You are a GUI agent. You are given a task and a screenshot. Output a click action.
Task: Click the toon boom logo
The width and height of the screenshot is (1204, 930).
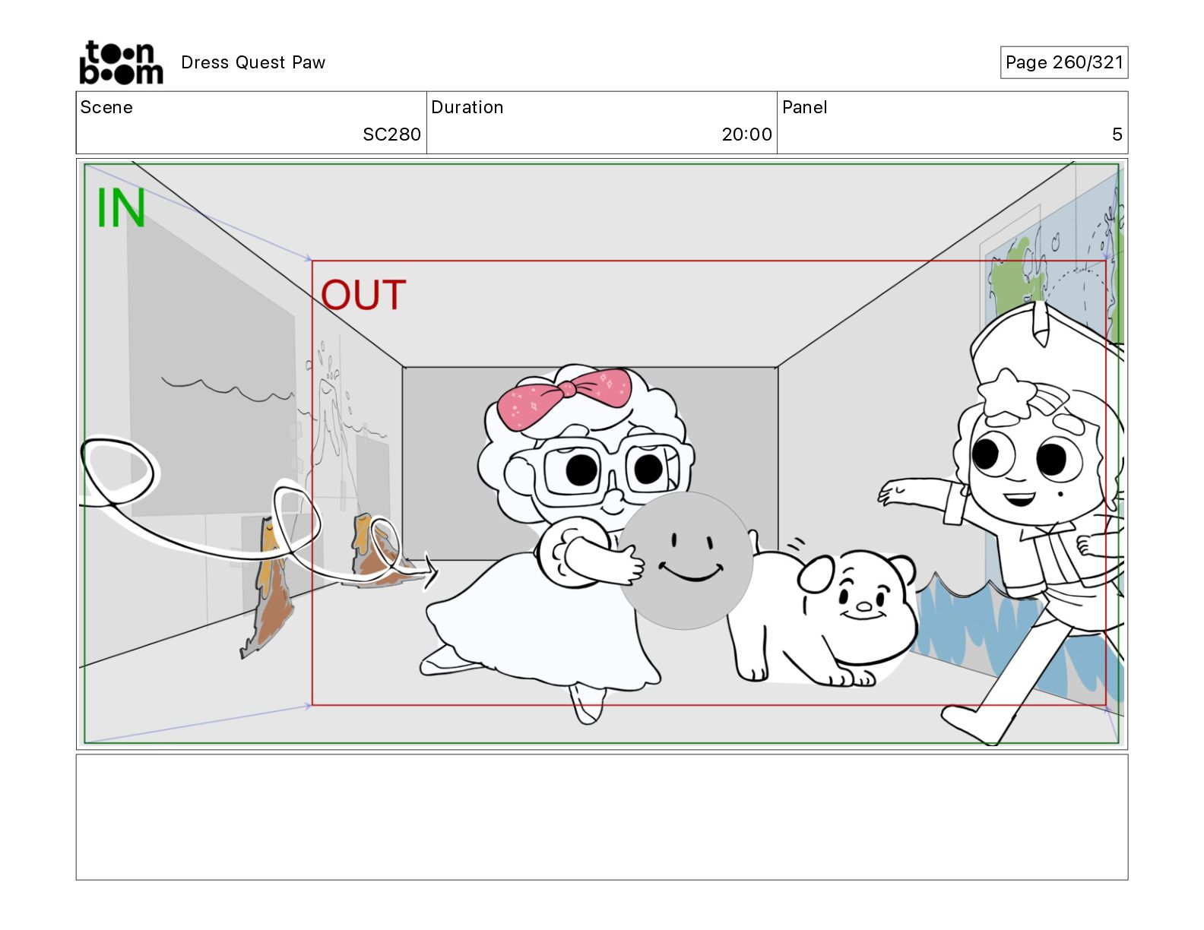click(x=122, y=62)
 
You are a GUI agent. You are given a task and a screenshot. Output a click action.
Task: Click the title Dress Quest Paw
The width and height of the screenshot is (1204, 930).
click(x=253, y=62)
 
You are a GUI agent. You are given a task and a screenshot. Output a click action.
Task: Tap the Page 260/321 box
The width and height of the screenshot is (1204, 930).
click(x=1064, y=62)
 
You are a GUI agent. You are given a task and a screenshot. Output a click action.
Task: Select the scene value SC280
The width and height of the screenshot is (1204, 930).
click(x=391, y=134)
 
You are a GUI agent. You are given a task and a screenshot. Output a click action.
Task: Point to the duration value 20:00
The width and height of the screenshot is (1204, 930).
click(x=746, y=134)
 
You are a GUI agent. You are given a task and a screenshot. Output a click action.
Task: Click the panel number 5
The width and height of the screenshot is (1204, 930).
click(x=1117, y=134)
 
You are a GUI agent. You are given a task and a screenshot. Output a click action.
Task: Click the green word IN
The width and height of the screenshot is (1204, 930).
click(x=121, y=207)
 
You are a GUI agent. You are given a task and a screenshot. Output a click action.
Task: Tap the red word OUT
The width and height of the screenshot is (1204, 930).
click(x=363, y=295)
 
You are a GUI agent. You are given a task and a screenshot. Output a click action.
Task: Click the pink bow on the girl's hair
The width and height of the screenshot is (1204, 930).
click(x=564, y=396)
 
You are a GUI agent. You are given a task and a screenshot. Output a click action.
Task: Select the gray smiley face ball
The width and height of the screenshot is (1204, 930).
click(x=686, y=561)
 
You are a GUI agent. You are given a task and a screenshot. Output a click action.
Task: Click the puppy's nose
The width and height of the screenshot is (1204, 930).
click(x=863, y=607)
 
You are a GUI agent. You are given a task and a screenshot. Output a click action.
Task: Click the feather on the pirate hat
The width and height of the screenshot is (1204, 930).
click(x=1041, y=324)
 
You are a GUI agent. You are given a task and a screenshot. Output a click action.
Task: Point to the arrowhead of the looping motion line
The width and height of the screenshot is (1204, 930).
click(x=430, y=571)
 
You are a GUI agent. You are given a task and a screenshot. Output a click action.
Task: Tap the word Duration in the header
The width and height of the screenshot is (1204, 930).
click(x=467, y=107)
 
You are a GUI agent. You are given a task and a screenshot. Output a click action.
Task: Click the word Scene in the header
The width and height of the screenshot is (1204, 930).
click(x=106, y=107)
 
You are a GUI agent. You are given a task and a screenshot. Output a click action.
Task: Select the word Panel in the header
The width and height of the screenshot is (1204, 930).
click(x=804, y=107)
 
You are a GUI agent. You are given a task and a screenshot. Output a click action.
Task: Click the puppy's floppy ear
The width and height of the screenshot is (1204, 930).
click(x=815, y=574)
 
